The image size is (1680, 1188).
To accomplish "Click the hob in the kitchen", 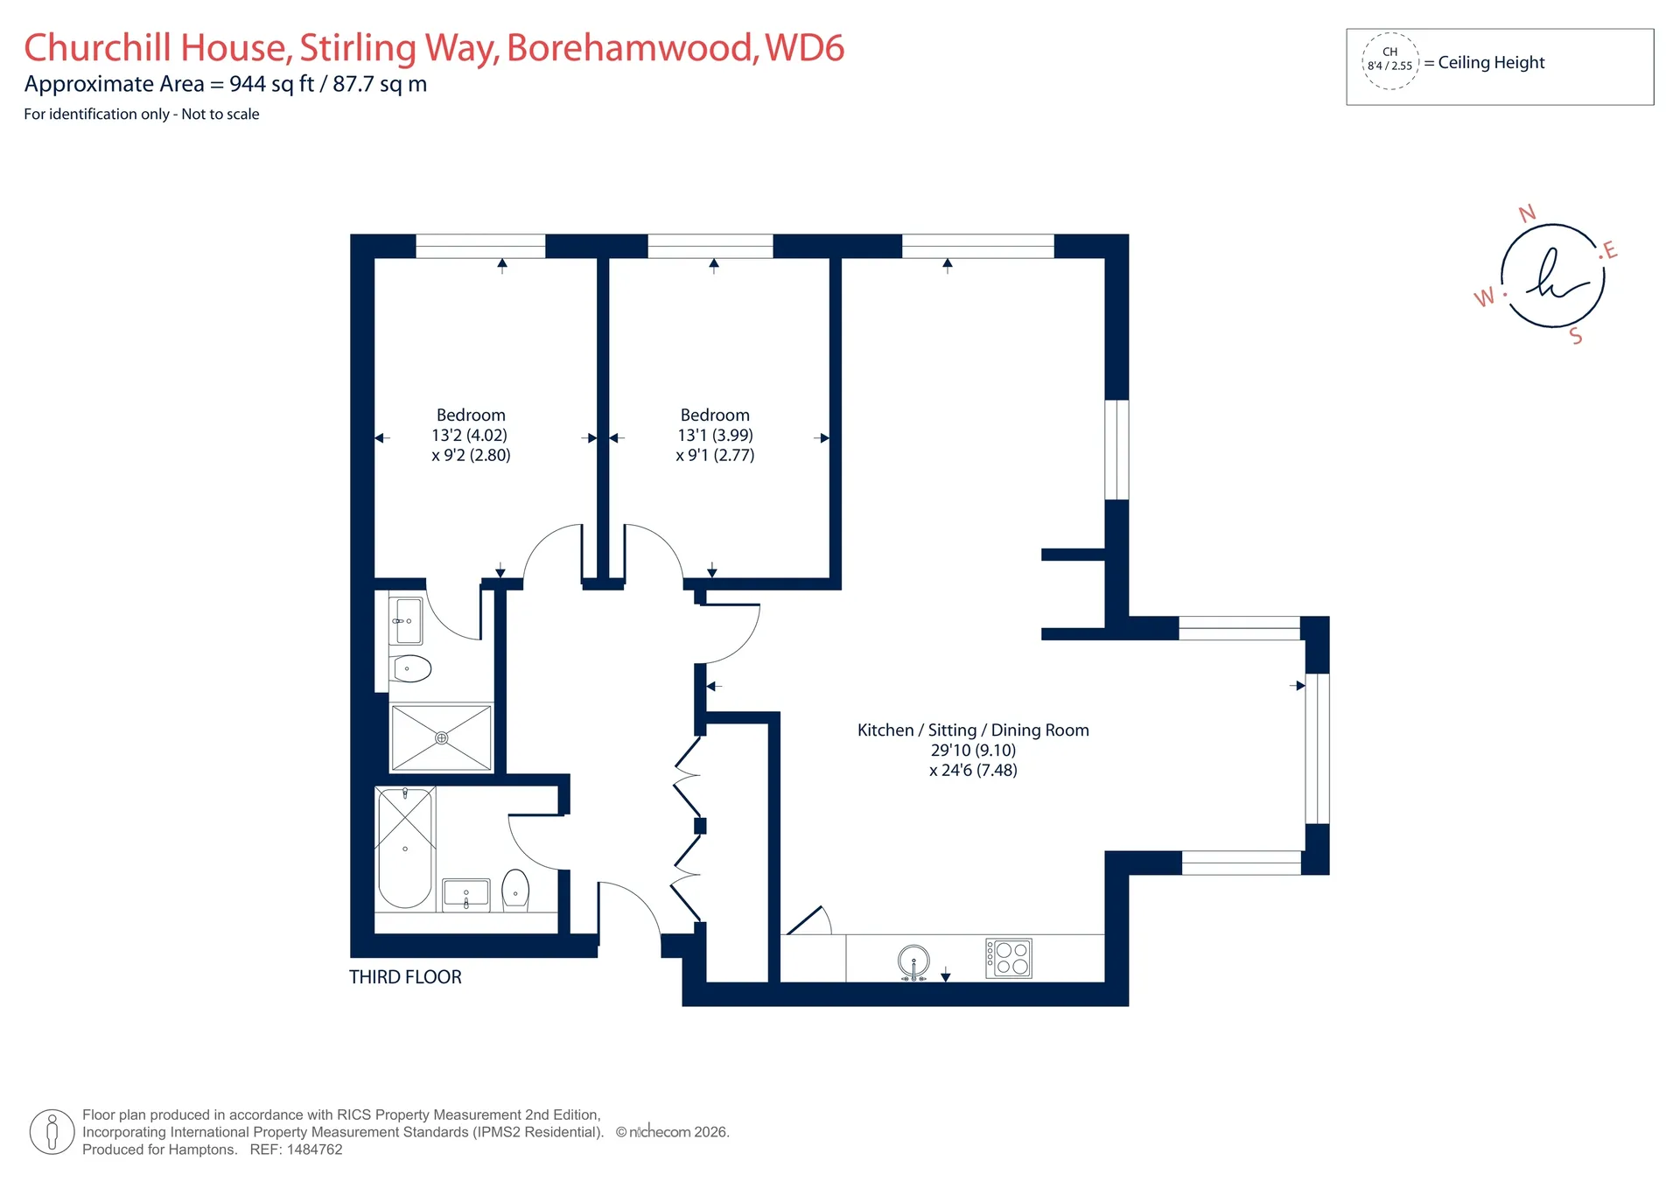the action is [x=1008, y=958].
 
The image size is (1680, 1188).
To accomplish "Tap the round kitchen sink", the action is [x=913, y=962].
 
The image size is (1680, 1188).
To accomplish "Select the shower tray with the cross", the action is [x=441, y=737].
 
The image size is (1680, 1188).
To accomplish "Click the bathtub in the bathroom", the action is [x=405, y=848].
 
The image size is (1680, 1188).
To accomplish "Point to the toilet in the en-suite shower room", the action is [x=411, y=669].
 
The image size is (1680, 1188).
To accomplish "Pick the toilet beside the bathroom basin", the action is [x=515, y=891].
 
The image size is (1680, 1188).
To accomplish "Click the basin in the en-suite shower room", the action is [x=406, y=620].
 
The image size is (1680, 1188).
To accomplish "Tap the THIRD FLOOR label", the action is [x=405, y=977].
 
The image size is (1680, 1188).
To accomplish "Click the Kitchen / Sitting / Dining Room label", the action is [x=973, y=730].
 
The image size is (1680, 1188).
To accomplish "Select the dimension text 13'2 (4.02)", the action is [x=469, y=435].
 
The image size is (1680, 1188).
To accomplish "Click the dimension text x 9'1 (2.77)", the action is [x=715, y=455].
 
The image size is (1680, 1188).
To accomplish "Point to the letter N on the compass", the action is [x=1527, y=213].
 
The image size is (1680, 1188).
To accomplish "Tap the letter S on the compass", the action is [x=1576, y=336].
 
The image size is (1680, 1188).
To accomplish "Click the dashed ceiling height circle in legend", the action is [x=1389, y=61].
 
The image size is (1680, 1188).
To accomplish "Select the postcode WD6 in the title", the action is [x=804, y=48].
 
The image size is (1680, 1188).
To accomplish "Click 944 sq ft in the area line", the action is [x=271, y=84].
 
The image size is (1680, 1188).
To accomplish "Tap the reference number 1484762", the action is [x=314, y=1150].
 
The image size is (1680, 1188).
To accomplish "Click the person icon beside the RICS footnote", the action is [x=52, y=1132].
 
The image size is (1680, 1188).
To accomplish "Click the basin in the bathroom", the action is [x=465, y=895].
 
